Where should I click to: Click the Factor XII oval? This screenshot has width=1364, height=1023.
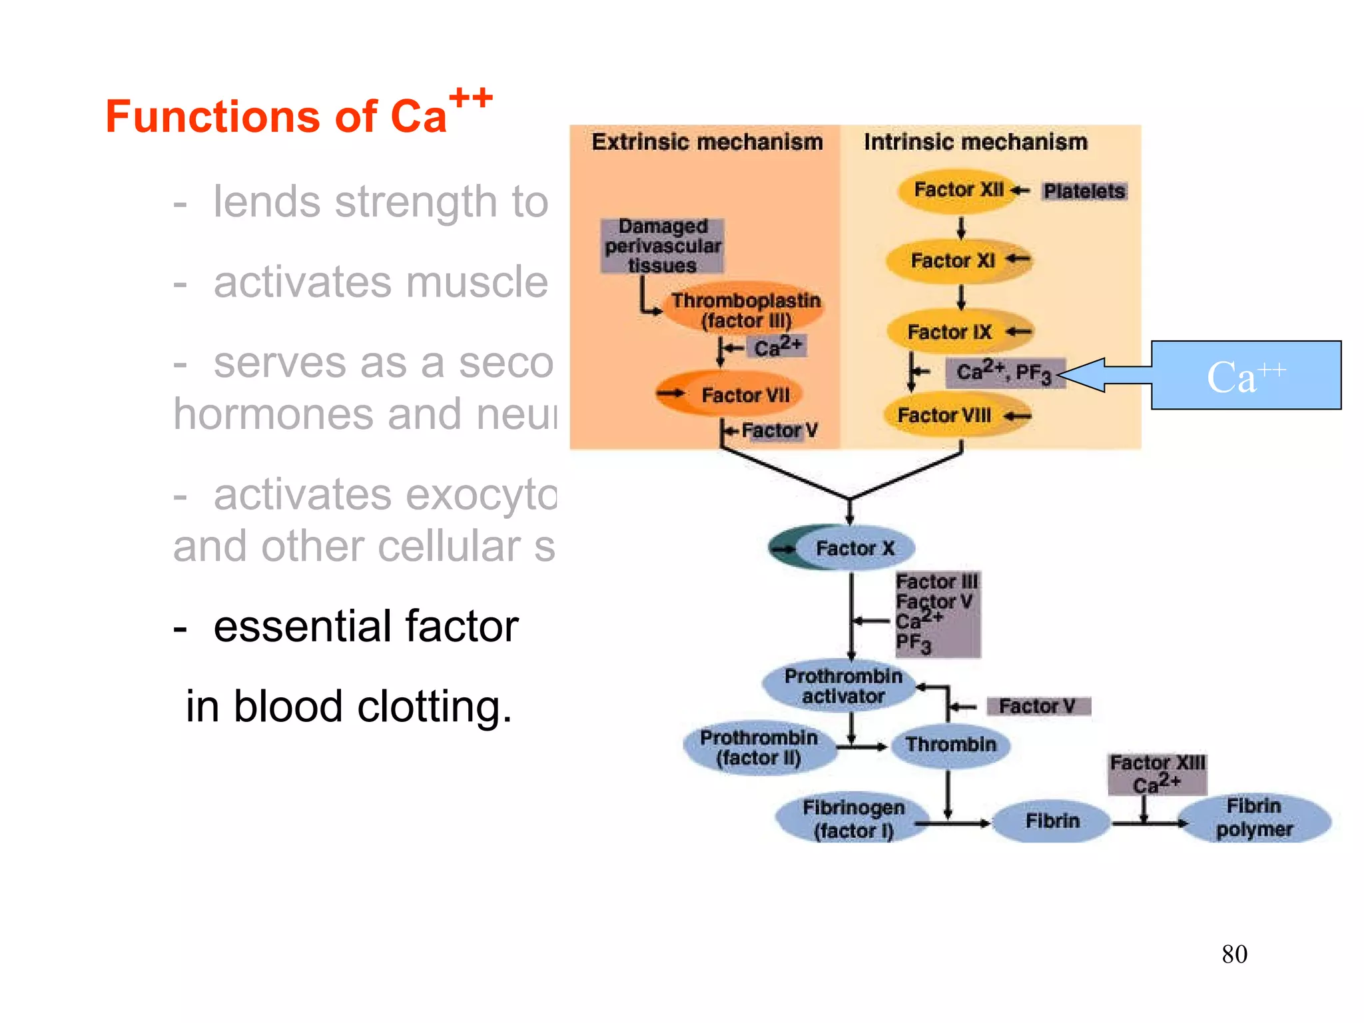(958, 190)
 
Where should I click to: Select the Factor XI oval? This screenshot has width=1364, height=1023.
(958, 260)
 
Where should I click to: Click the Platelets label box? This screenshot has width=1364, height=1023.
(1084, 191)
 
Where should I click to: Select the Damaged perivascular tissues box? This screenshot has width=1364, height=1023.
(662, 246)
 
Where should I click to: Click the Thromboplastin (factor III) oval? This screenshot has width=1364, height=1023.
(745, 310)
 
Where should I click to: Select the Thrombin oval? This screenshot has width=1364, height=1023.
(950, 744)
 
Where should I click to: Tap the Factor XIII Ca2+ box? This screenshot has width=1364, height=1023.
(1157, 774)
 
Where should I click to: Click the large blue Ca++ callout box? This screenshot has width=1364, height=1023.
(1245, 376)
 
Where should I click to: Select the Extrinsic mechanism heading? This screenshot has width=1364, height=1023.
(707, 142)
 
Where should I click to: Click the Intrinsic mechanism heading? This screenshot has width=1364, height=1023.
(975, 142)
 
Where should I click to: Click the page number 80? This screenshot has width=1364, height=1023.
(1234, 954)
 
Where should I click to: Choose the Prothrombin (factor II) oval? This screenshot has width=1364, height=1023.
(759, 747)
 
